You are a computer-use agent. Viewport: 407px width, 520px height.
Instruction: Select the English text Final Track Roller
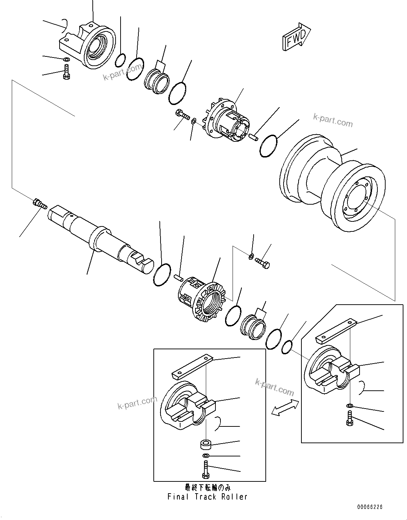click(x=207, y=497)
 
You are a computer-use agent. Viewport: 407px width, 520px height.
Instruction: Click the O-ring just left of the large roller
click(x=268, y=146)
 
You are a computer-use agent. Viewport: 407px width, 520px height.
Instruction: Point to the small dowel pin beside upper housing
click(x=254, y=136)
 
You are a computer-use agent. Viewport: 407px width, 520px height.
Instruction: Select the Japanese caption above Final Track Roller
click(x=207, y=488)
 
